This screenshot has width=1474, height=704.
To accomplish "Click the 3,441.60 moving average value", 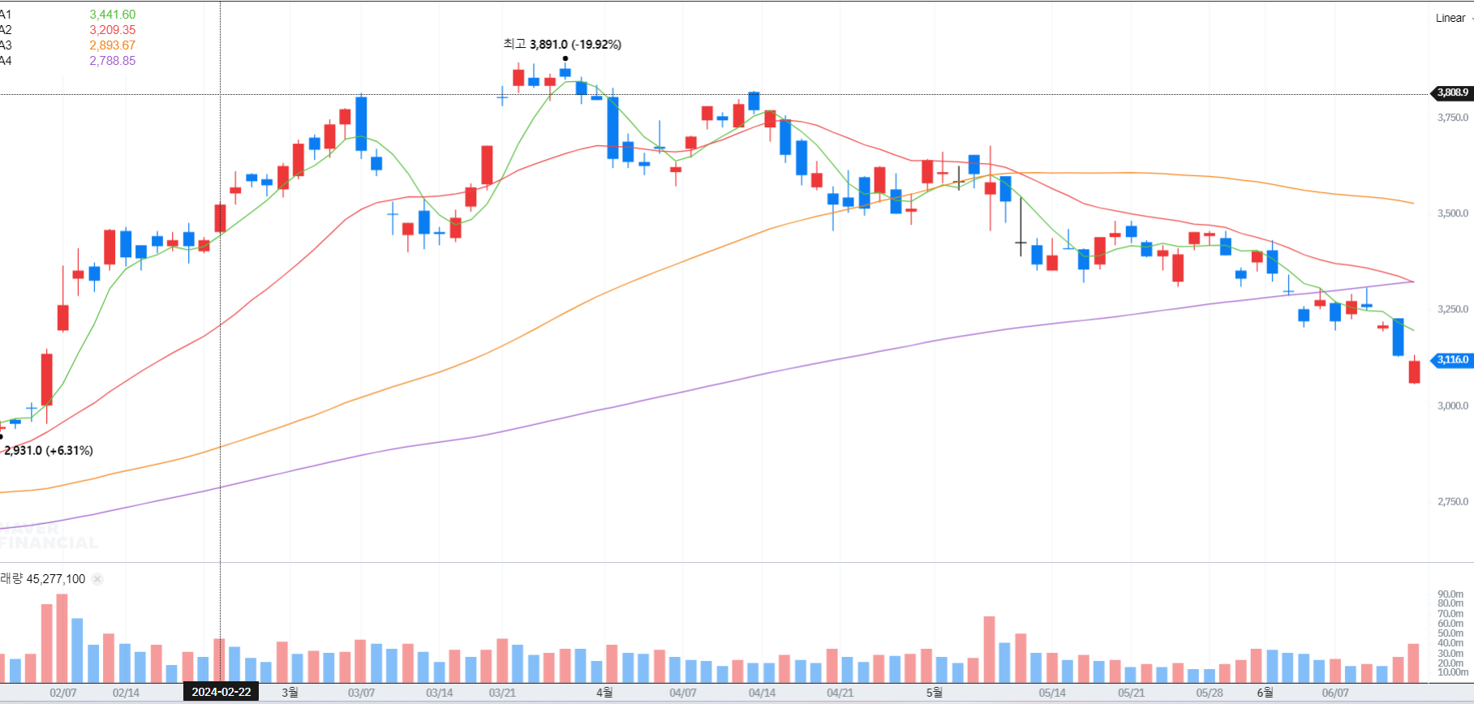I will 113,15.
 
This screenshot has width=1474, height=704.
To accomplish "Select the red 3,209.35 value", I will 113,30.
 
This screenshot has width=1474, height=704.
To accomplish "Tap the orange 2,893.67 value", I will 113,45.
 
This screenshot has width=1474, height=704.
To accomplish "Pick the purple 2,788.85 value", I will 113,61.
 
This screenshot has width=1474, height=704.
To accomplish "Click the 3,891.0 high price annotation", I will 562,45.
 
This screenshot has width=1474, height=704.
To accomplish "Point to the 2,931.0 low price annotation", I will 49,450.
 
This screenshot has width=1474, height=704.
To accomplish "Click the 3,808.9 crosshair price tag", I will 1452,92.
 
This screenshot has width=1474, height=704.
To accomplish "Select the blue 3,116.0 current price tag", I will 1452,359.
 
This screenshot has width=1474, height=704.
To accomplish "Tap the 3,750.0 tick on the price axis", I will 1453,118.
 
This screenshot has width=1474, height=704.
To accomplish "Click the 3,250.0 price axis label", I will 1453,309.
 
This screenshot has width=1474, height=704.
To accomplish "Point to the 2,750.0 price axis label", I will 1453,501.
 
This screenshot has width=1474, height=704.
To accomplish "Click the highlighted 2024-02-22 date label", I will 221,692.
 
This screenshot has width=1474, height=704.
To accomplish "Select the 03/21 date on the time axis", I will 502,693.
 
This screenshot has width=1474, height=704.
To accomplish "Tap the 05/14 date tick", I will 1052,693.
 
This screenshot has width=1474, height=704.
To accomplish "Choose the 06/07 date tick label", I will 1335,693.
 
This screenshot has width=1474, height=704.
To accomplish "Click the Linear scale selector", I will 1452,18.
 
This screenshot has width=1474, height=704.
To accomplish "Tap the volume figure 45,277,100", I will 55,579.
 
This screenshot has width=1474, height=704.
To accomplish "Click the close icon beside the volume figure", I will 97,579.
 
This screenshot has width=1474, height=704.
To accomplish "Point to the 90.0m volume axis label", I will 1451,595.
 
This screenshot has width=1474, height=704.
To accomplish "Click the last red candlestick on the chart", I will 1415,371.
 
